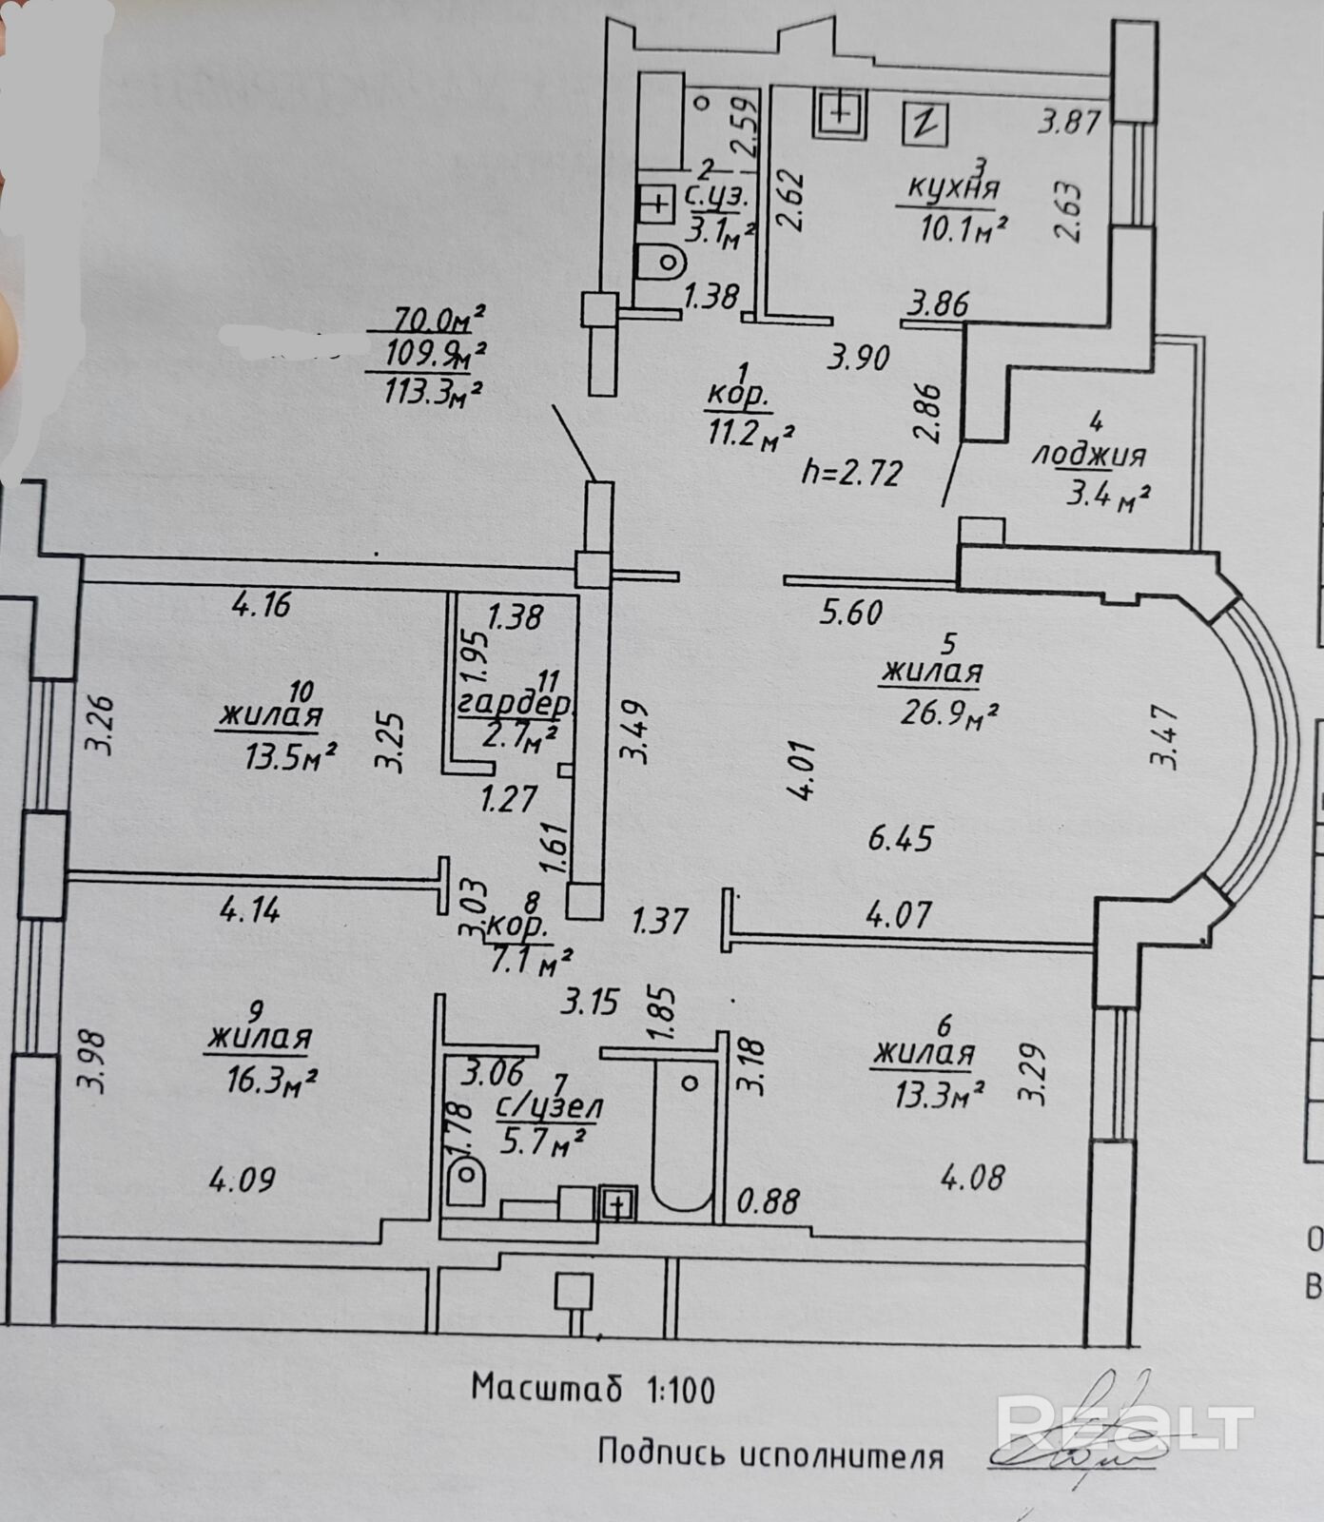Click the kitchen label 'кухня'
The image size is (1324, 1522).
[951, 188]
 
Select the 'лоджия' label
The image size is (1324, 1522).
[1089, 456]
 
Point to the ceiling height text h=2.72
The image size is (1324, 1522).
[851, 473]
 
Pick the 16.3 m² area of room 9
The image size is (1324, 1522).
[271, 1080]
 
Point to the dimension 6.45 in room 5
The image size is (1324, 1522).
[901, 839]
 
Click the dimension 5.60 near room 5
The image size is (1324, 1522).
[852, 612]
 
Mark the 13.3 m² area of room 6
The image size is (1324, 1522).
[937, 1095]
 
